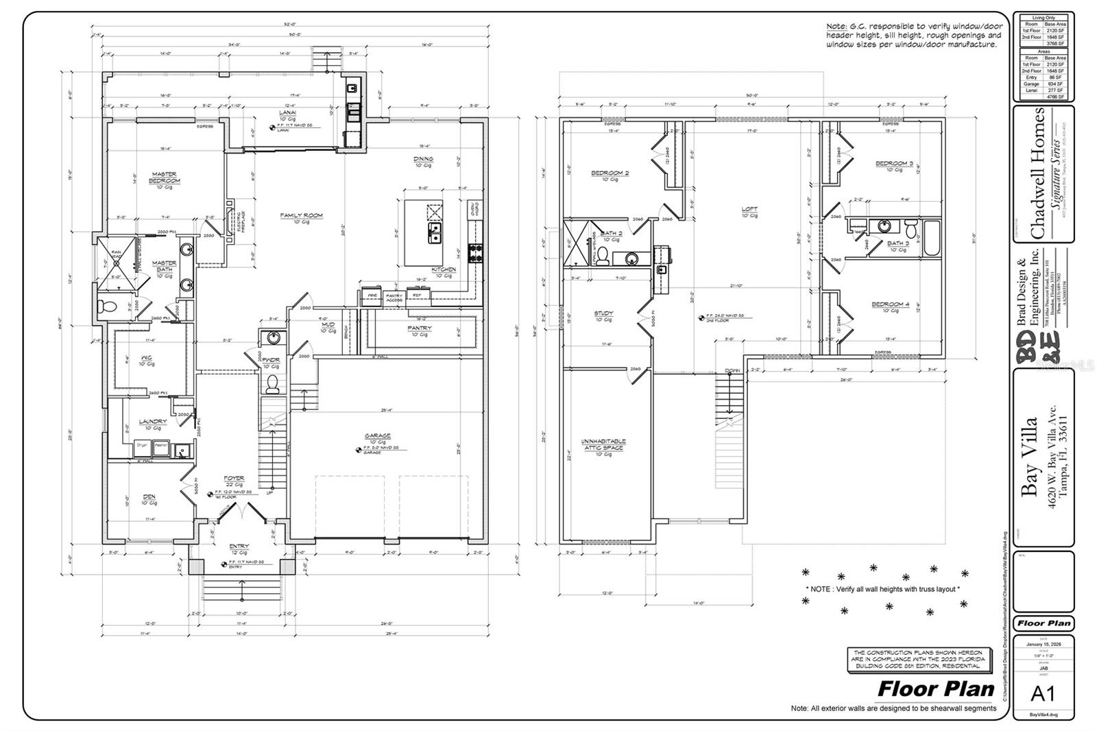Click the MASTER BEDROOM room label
coord(165,177)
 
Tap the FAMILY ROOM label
coord(301,215)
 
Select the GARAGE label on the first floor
coord(377,435)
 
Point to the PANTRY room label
coord(419,328)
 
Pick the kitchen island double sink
coord(435,233)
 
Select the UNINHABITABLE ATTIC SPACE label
coord(604,444)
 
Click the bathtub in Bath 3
coord(932,239)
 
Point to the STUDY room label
coord(603,313)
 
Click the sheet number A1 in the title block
coord(1043,693)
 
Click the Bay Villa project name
coord(1030,456)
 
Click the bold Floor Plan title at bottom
coord(936,688)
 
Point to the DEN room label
coord(149,496)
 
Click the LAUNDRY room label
coord(153,422)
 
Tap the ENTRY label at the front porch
coord(239,547)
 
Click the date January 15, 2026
coord(1043,645)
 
